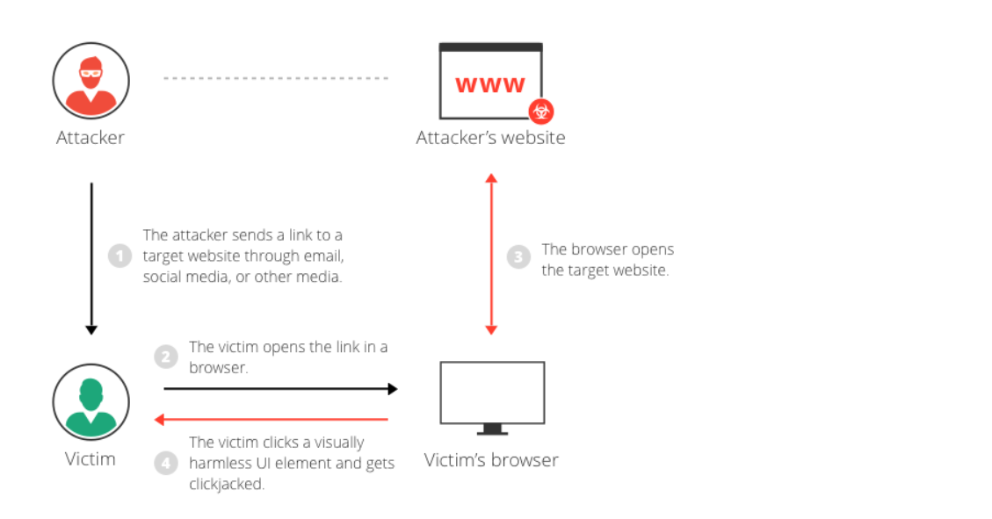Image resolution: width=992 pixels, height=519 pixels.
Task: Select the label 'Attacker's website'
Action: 490,138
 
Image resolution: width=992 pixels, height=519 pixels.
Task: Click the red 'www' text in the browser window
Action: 489,85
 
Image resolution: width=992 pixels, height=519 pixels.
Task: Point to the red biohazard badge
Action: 540,112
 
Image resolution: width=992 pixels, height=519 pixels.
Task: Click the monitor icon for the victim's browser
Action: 492,396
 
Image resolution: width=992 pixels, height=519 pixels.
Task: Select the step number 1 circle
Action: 119,256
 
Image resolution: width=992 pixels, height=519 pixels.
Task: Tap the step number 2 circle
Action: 165,357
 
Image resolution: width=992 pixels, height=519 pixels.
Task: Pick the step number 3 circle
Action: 518,257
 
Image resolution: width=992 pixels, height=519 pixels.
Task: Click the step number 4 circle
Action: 165,463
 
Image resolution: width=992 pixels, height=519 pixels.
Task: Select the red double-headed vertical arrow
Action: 491,254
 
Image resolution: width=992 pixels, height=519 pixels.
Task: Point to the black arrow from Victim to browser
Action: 279,387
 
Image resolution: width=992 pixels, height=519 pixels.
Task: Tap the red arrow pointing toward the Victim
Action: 272,420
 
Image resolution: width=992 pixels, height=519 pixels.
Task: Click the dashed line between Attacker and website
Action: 275,78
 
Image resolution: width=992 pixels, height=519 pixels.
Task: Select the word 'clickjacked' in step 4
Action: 226,484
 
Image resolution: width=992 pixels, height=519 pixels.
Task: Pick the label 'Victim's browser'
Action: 491,460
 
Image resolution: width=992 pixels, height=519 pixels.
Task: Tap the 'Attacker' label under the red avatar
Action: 91,138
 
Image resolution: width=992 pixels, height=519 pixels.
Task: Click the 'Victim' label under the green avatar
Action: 91,458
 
